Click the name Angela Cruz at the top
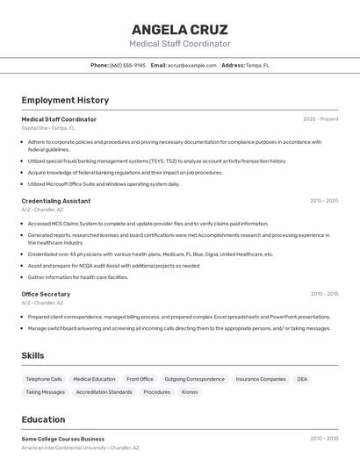coord(179,29)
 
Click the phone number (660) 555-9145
coord(127,65)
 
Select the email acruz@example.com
coord(191,65)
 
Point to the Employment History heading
coord(65,100)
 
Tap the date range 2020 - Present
coord(320,119)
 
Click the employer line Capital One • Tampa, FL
coord(47,128)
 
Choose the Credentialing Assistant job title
coord(55,201)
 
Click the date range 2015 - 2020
coord(323,201)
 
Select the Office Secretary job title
coord(46,294)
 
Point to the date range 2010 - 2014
coord(323,294)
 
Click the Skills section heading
coord(32,355)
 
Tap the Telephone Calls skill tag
coord(44,379)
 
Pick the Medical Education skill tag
coord(94,379)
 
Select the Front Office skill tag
coord(140,379)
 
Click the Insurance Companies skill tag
coord(261,379)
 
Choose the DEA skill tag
coord(302,379)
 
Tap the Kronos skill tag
coord(190,392)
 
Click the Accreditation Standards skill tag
coord(104,392)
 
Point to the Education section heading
coord(43,419)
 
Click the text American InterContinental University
coord(62,447)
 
